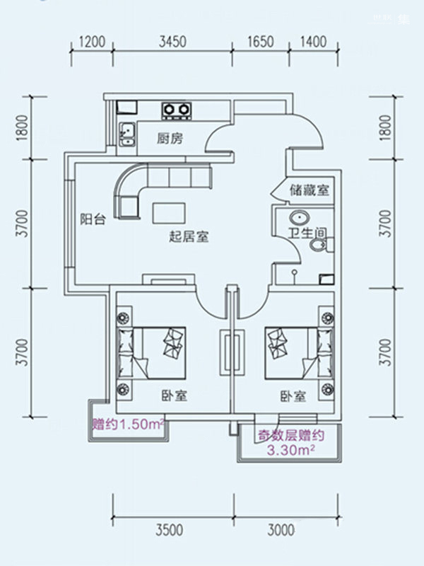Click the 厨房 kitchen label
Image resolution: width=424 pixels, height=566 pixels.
170,138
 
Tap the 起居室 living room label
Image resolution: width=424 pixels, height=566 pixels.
189,237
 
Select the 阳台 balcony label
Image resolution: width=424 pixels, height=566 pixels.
93,219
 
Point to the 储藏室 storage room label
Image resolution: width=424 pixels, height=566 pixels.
310,190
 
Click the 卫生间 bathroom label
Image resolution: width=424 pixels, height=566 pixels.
307,233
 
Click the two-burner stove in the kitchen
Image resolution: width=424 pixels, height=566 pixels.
177,110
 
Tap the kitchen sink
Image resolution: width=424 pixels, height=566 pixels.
127,134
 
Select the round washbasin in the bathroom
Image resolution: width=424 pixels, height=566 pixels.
299,218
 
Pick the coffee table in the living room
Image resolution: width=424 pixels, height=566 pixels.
169,213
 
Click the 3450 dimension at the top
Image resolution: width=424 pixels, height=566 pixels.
172,42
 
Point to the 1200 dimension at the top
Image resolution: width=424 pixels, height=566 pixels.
92,42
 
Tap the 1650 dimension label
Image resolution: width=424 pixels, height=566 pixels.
260,42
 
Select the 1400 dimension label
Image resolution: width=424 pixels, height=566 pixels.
313,42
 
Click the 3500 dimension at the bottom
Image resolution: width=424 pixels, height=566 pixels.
170,530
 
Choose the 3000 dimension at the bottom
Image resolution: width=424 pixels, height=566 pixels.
281,530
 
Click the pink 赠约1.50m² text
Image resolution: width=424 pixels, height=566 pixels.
129,424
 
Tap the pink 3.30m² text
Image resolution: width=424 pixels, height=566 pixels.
290,450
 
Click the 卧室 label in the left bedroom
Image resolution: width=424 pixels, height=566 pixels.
174,396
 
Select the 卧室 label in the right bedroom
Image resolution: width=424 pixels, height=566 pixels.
293,396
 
